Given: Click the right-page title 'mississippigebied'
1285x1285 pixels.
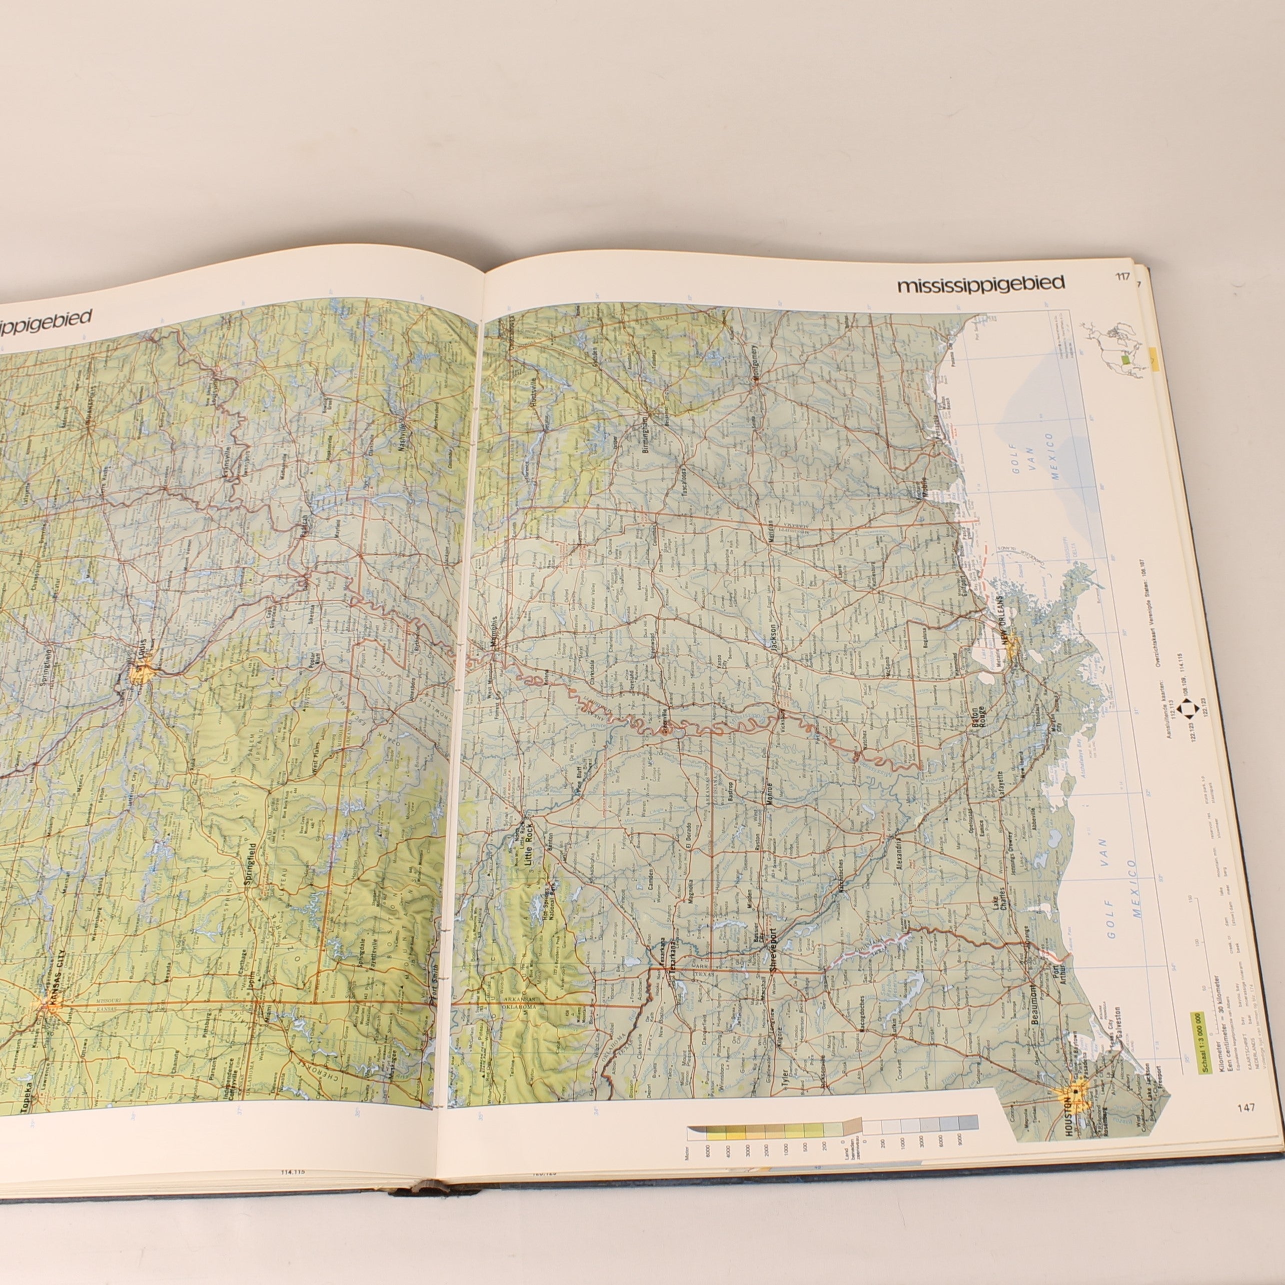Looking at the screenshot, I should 980,285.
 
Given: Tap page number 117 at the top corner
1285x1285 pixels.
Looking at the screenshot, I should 1123,277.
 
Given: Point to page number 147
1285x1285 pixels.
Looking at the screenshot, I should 1246,1107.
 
